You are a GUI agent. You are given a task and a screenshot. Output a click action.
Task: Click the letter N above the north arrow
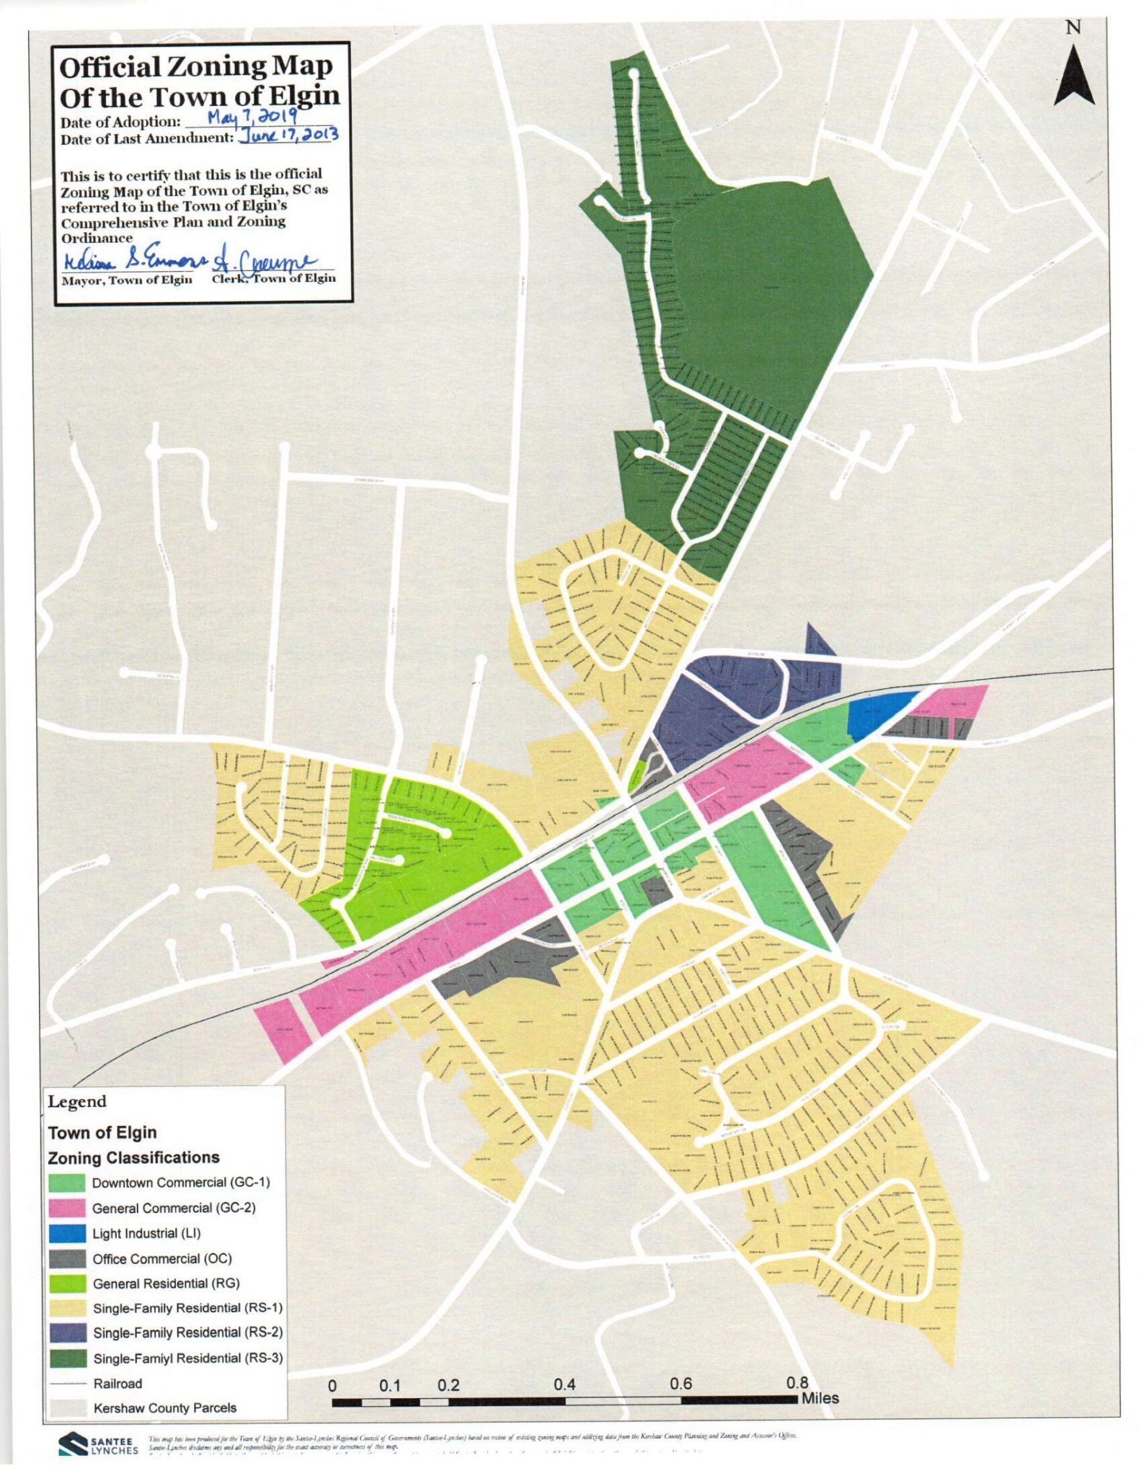pyautogui.click(x=1073, y=27)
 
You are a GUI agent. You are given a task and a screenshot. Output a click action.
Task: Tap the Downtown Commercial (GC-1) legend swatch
pyautogui.click(x=67, y=1183)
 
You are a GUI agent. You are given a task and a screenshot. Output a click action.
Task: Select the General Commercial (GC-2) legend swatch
pyautogui.click(x=67, y=1208)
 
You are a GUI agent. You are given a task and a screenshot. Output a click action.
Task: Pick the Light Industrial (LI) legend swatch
pyautogui.click(x=67, y=1233)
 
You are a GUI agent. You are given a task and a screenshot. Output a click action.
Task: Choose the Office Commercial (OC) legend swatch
pyautogui.click(x=67, y=1259)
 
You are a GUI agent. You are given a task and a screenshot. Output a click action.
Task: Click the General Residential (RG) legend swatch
pyautogui.click(x=67, y=1284)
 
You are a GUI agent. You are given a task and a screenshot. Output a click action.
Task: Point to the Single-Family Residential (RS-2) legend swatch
pyautogui.click(x=67, y=1333)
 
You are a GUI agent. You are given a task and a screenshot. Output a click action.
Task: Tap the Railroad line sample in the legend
pyautogui.click(x=67, y=1384)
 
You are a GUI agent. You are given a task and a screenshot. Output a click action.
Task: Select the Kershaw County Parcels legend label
pyautogui.click(x=164, y=1408)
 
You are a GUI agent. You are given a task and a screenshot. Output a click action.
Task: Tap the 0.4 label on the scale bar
pyautogui.click(x=564, y=1384)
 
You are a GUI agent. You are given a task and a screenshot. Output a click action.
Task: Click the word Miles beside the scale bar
pyautogui.click(x=820, y=1398)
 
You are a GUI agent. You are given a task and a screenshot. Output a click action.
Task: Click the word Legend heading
pyautogui.click(x=76, y=1102)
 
